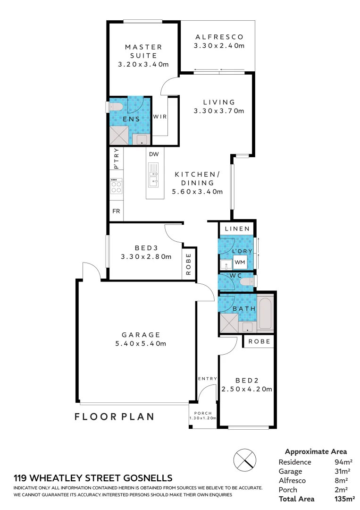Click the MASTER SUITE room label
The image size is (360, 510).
143,51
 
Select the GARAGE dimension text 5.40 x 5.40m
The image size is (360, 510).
141,343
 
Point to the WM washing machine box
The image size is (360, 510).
240,262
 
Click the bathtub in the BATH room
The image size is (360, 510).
265,313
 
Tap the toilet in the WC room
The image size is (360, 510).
246,282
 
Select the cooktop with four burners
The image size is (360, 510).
116,186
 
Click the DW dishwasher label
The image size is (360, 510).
153,154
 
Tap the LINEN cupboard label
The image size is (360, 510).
237,229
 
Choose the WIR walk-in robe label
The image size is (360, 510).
159,117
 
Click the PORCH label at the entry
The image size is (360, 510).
203,413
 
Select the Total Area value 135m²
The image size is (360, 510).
344,499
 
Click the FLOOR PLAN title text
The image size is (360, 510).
115,416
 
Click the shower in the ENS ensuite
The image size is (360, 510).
119,136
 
